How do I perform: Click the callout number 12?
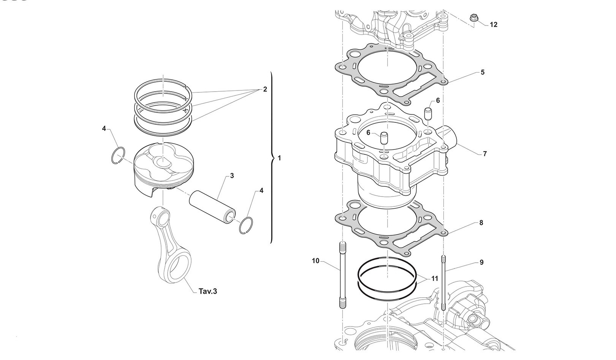(x=493, y=25)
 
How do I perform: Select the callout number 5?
(x=482, y=72)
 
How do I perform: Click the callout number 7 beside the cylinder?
(x=485, y=154)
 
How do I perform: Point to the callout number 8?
(x=481, y=223)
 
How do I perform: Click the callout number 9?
(x=481, y=262)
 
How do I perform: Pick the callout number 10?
(x=316, y=261)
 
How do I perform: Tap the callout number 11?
(x=434, y=279)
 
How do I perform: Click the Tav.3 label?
(x=208, y=292)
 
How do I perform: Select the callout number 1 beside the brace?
(x=279, y=158)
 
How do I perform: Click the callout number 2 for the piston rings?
(x=264, y=90)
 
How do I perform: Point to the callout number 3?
(x=232, y=176)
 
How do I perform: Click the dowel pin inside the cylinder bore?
(x=384, y=137)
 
